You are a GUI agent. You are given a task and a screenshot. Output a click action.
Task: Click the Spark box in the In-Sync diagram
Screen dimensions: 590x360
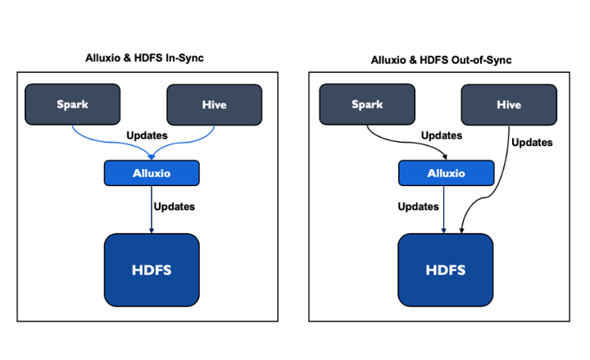(73, 104)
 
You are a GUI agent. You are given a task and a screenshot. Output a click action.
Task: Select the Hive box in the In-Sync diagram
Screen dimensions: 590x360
(215, 105)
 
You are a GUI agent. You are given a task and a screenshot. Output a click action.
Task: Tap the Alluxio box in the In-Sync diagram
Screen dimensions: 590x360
(152, 173)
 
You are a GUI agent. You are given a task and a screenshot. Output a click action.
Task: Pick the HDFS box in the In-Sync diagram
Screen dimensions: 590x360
(152, 270)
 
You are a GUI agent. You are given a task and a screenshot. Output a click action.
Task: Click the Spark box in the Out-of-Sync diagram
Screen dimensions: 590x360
(367, 104)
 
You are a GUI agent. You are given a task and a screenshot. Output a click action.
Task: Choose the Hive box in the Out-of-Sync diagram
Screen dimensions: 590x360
(509, 105)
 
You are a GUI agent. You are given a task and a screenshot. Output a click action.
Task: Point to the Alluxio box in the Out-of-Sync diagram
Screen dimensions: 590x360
(447, 173)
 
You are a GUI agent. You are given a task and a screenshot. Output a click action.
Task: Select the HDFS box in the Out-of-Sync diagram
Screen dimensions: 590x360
(446, 270)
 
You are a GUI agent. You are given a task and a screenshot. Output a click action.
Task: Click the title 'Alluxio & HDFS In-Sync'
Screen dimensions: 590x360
(144, 58)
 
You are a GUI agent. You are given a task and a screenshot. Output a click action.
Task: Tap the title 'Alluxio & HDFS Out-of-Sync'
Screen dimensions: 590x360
(442, 60)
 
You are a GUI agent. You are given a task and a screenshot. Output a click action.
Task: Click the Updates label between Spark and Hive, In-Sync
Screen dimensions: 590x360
(147, 135)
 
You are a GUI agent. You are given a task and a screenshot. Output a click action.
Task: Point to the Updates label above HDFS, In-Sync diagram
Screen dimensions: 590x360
(175, 207)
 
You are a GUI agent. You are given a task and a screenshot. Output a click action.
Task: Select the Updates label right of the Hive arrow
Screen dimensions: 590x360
(532, 143)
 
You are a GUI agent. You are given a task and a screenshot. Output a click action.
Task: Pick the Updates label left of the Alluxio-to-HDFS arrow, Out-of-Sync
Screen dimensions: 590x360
(419, 207)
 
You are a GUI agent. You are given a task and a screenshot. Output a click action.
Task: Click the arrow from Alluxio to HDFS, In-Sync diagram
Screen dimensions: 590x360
(152, 210)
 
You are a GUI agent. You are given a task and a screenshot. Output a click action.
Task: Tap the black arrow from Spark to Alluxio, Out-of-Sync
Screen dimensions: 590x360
(406, 143)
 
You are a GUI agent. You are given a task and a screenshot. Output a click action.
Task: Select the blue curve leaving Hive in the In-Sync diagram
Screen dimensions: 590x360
(184, 143)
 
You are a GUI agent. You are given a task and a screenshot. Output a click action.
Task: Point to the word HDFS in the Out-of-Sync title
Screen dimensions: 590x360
(433, 60)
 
